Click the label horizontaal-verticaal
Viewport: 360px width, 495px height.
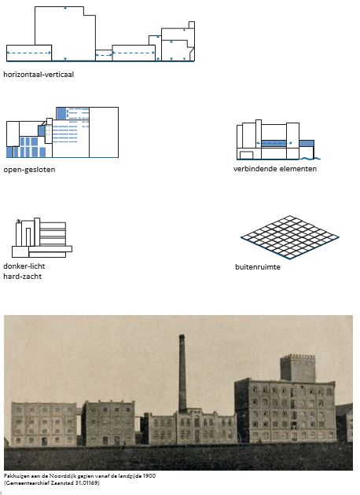[39, 75]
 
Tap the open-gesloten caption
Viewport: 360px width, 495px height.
[29, 170]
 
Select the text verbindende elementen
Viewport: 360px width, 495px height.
[275, 169]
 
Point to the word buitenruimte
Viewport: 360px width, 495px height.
[258, 267]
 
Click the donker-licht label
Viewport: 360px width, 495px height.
[24, 266]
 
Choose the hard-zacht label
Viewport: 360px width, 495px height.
[23, 277]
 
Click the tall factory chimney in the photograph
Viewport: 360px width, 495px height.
[182, 373]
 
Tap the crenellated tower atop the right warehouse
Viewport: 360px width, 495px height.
[297, 368]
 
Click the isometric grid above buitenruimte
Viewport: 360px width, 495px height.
[289, 237]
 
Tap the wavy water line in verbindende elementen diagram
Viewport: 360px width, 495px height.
[310, 158]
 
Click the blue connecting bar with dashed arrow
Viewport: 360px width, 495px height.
[274, 143]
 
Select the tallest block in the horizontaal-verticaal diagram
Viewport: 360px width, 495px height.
[65, 34]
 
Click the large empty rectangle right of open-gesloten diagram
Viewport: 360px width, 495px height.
[104, 132]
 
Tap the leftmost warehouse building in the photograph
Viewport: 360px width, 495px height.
[43, 424]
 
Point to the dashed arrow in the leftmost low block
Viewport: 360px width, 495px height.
[29, 53]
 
